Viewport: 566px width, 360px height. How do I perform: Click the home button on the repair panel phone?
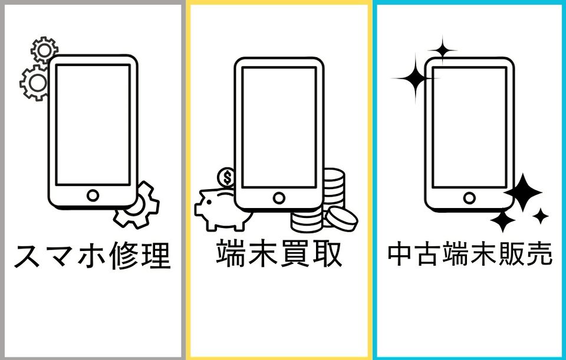(93, 195)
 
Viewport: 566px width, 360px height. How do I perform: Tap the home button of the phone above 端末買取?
(279, 197)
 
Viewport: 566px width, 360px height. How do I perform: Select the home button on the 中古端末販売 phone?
(469, 197)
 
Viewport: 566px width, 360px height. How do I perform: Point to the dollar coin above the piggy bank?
(226, 177)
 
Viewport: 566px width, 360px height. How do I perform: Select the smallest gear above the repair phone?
(44, 50)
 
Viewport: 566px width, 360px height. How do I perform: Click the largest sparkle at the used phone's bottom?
(523, 192)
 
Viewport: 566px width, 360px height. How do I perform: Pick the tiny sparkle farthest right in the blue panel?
(541, 216)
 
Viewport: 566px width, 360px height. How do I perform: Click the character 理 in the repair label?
(156, 256)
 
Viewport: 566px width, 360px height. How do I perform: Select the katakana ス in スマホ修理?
(28, 256)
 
